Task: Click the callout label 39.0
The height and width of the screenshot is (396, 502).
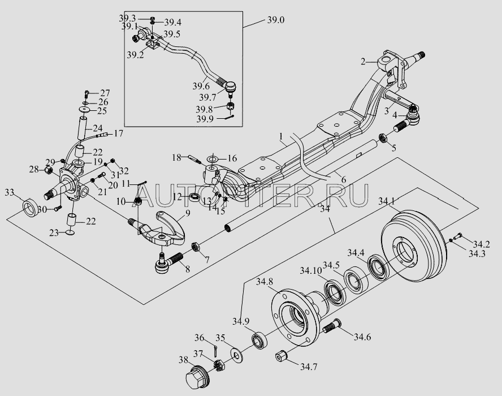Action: point(276,20)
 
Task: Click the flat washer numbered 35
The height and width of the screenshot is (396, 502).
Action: point(236,355)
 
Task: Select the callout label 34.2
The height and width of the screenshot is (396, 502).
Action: point(481,244)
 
